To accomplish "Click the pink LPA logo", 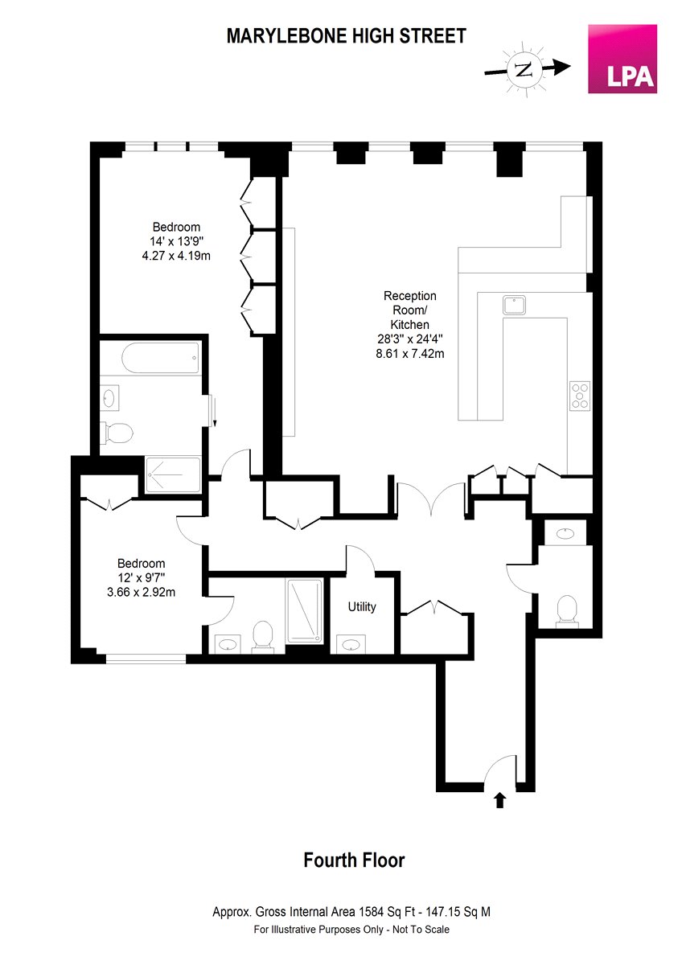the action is pyautogui.click(x=622, y=59).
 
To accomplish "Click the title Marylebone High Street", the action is pyautogui.click(x=347, y=35).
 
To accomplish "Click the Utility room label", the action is pyautogui.click(x=362, y=607).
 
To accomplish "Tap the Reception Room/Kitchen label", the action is pyautogui.click(x=409, y=310).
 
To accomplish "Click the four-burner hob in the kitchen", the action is pyautogui.click(x=580, y=396).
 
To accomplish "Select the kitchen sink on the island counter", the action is pyautogui.click(x=514, y=305).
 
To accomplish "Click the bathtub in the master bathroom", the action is pyautogui.click(x=160, y=358).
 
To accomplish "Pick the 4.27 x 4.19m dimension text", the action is pyautogui.click(x=176, y=256).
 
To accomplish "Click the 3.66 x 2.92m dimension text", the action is pyautogui.click(x=141, y=593).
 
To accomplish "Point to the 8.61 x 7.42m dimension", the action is pyautogui.click(x=409, y=354).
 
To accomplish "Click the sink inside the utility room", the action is pyautogui.click(x=350, y=645).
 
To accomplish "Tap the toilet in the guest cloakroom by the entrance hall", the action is pyautogui.click(x=567, y=610).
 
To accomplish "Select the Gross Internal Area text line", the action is pyautogui.click(x=351, y=912).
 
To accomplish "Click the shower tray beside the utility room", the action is pyautogui.click(x=305, y=611).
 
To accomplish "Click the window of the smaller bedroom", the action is pyautogui.click(x=146, y=659).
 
